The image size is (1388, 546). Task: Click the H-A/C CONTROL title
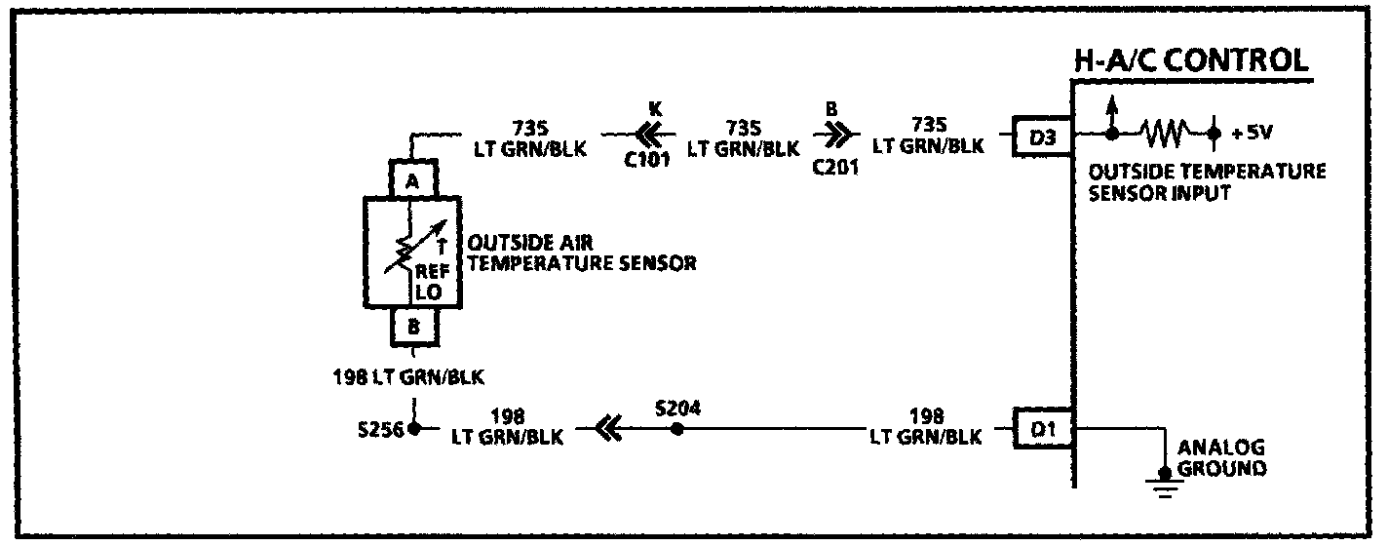1190,61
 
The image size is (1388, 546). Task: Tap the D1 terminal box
1042,430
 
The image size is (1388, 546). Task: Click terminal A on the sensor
412,181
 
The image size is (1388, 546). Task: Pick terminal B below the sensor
412,329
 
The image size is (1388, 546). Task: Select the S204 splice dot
676,429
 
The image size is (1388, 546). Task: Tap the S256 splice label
381,430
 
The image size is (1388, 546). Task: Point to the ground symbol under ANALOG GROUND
1161,479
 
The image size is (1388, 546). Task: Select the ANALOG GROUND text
1221,458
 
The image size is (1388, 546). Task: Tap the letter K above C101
654,110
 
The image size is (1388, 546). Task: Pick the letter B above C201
831,110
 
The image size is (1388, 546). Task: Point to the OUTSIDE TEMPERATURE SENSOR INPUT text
1207,181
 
